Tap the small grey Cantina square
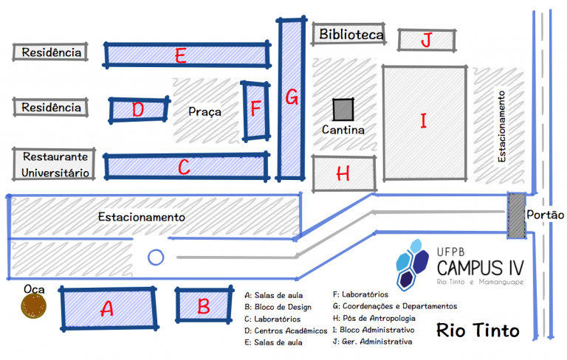pos(343,110)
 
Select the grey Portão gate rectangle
pos(516,215)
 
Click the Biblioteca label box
pos(351,35)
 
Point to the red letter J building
pos(425,40)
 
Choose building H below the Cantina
pos(343,173)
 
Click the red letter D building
pos(139,110)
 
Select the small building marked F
pos(256,110)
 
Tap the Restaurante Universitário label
pos(55,165)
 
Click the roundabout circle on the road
pos(155,257)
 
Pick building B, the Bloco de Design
pos(204,305)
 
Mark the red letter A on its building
pos(107,310)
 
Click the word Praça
pos(205,111)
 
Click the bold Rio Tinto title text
pos(478,330)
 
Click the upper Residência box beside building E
pos(50,52)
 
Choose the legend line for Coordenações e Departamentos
pos(395,305)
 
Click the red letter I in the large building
pos(423,121)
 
